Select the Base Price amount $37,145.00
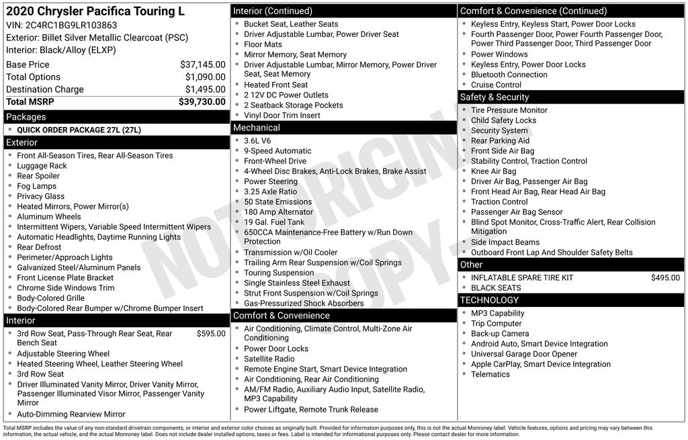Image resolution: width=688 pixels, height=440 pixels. coord(202,64)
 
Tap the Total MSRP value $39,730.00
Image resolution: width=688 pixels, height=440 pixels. coord(202,101)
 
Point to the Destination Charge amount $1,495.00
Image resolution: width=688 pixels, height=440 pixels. coord(205,89)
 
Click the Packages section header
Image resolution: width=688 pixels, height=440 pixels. coord(26,117)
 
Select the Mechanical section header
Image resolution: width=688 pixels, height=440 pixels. coord(257,128)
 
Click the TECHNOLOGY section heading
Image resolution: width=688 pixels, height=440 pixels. coord(489,300)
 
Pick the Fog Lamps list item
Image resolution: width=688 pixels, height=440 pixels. coord(36,186)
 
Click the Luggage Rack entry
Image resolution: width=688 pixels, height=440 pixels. coord(42,166)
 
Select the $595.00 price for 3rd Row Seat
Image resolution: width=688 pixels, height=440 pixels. coord(211,333)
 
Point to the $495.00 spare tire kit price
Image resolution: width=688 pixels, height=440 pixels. coord(665,277)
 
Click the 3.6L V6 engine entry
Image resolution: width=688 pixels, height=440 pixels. coord(257,141)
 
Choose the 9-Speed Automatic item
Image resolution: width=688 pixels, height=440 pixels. coord(277,151)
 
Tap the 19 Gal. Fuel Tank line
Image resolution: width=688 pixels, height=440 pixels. coord(274,222)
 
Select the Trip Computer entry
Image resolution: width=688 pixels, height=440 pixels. coord(496,324)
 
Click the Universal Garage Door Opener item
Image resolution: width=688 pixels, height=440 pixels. coord(524,354)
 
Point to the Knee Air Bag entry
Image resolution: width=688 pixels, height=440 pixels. coord(493,171)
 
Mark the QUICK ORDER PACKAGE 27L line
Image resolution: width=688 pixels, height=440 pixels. coord(79,130)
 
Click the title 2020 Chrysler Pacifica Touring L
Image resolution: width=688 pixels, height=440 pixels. coord(95,11)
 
